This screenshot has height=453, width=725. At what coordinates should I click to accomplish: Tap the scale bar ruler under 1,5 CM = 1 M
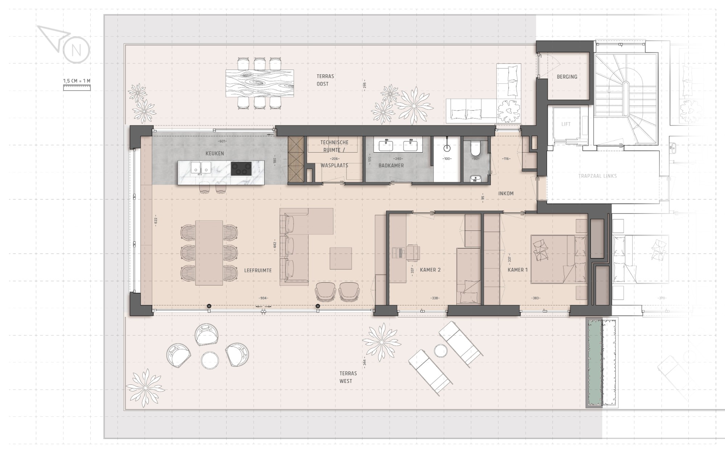77,87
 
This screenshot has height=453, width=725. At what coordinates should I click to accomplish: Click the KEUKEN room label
215,154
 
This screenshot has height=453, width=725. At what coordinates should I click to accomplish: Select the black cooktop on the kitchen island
241,169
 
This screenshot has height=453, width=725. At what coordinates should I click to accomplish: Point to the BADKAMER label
391,166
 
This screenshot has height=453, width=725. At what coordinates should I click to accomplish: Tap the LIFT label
566,124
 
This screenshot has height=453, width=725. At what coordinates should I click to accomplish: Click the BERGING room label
567,77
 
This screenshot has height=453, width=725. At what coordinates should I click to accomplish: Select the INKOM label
506,194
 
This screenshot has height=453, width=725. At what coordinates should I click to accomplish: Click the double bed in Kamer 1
558,259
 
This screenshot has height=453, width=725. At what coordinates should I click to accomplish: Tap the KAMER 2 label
430,270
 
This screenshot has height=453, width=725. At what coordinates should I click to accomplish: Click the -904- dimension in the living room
264,298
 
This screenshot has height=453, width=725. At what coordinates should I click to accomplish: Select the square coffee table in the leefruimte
341,258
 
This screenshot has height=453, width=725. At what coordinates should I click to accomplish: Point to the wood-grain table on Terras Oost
259,83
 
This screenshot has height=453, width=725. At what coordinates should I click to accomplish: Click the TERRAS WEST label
348,377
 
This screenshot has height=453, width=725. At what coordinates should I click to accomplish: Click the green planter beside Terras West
594,362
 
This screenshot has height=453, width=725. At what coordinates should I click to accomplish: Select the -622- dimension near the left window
156,220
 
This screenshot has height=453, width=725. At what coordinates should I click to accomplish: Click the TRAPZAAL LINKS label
597,176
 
